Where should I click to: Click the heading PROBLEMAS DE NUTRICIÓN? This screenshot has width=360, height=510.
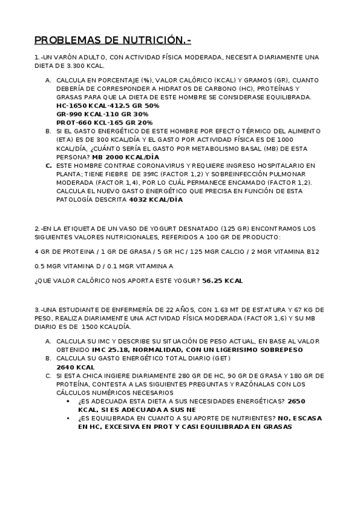pyautogui.click(x=112, y=40)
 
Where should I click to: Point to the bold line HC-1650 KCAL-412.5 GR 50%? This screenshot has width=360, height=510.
pyautogui.click(x=108, y=105)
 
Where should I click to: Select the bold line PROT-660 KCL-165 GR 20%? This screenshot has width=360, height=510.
pyautogui.click(x=105, y=122)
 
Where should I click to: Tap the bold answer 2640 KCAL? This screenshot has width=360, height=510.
pyautogui.click(x=75, y=367)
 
